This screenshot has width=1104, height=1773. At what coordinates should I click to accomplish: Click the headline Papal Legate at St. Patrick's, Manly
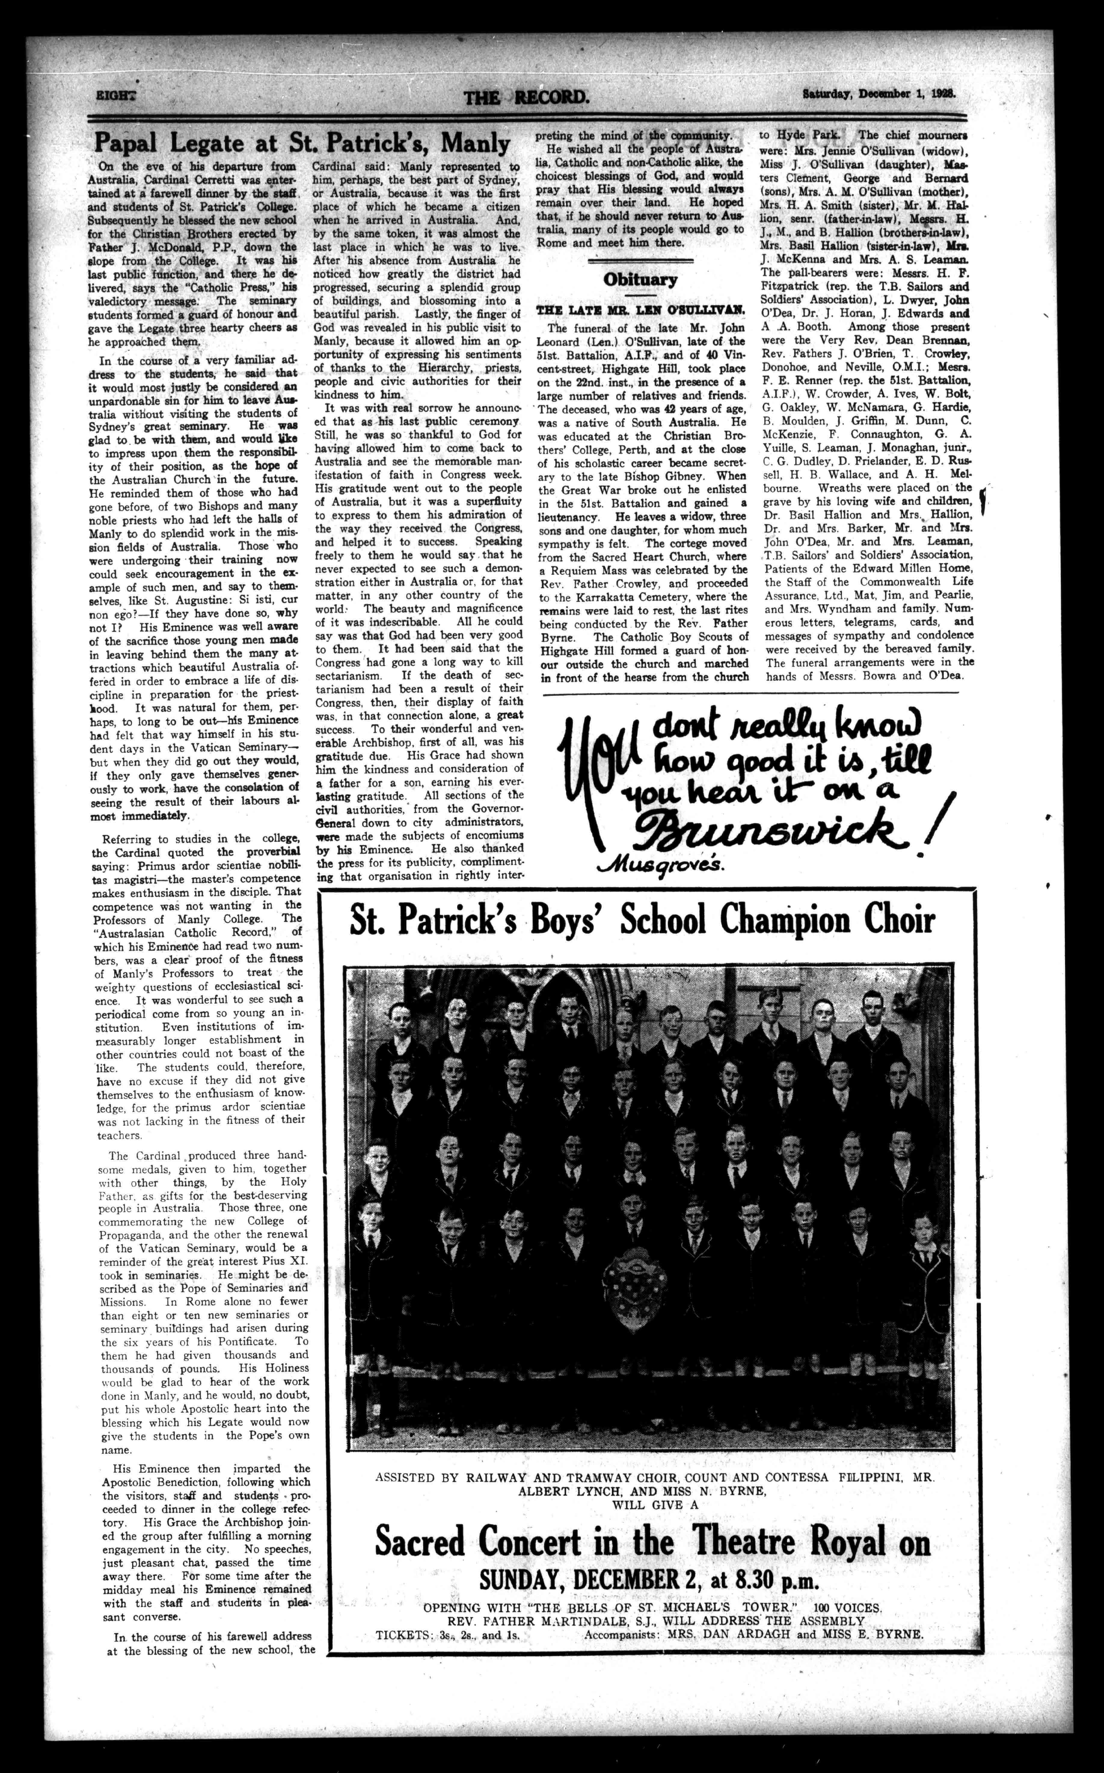(302, 142)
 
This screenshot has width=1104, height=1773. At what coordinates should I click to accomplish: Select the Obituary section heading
(639, 280)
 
